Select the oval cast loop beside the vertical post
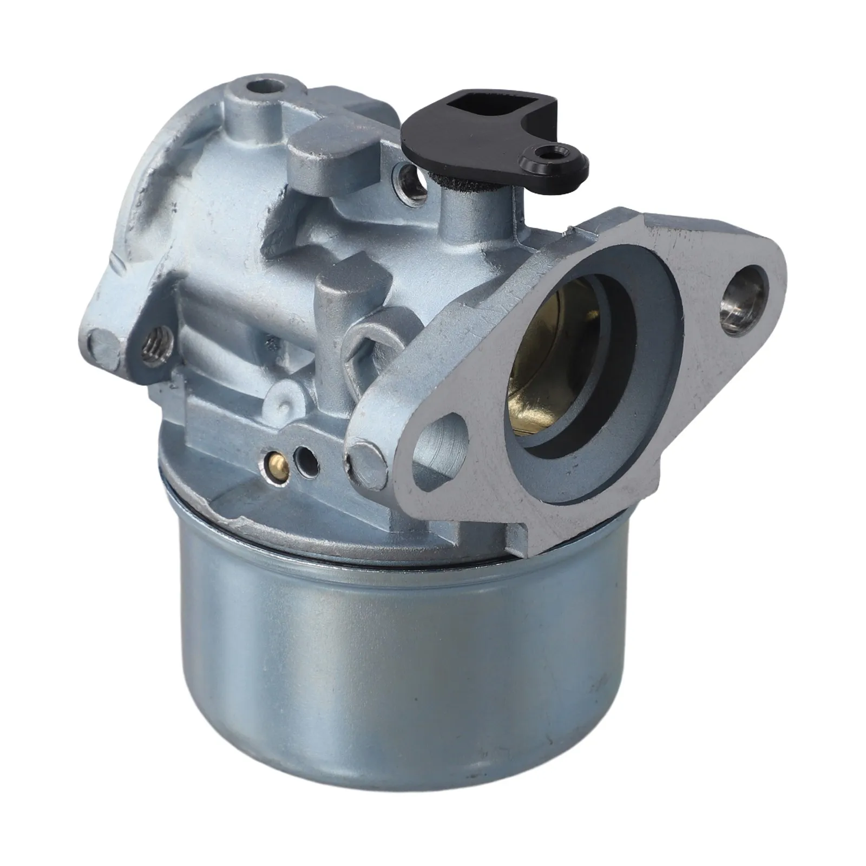[366, 346]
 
